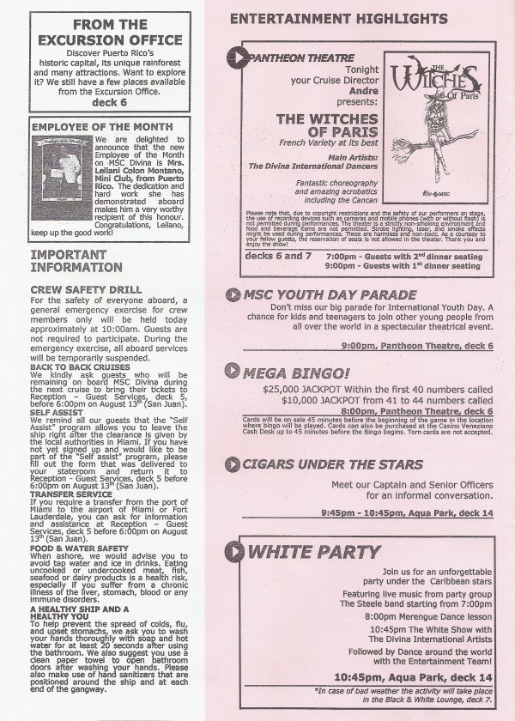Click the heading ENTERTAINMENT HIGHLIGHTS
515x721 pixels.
pyautogui.click(x=338, y=18)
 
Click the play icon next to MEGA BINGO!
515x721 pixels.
pyautogui.click(x=232, y=372)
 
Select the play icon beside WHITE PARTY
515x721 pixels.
pyautogui.click(x=236, y=550)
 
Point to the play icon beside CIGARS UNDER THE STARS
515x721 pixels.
pyautogui.click(x=232, y=464)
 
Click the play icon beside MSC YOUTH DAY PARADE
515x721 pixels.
pyautogui.click(x=232, y=295)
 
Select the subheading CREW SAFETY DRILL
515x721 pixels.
pyautogui.click(x=80, y=289)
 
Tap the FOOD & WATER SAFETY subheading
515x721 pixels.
pyautogui.click(x=79, y=547)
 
